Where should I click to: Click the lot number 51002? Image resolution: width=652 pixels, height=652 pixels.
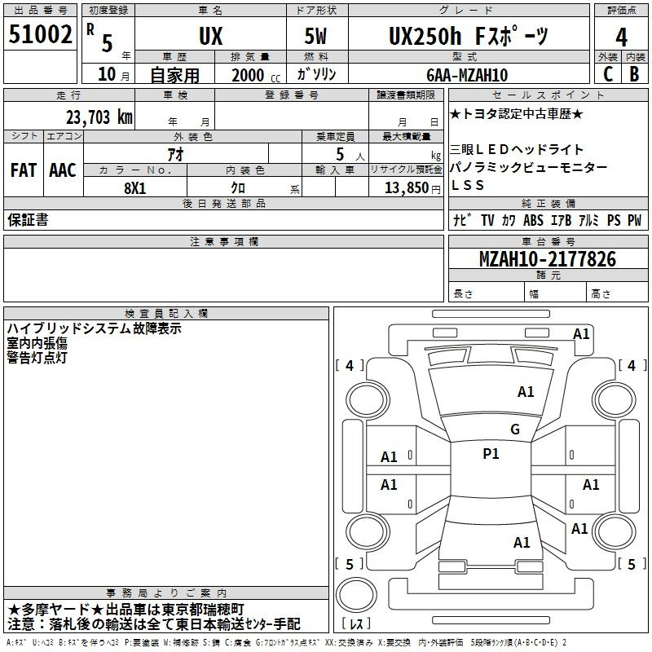click(x=40, y=34)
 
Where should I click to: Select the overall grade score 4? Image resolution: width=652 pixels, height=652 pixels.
click(x=621, y=37)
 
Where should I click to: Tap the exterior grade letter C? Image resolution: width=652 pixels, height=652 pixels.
click(x=608, y=74)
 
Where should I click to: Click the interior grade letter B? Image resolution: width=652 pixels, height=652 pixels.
click(x=634, y=74)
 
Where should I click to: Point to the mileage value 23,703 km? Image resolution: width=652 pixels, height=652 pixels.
click(x=99, y=117)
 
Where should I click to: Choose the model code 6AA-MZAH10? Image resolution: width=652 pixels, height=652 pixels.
click(x=467, y=75)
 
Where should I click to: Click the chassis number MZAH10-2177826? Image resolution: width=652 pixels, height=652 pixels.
click(x=548, y=259)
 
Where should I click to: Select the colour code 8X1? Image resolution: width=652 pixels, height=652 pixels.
click(x=135, y=188)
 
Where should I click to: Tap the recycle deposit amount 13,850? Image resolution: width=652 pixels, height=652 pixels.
click(x=407, y=188)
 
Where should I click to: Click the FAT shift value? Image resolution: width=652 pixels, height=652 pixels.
click(x=24, y=170)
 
